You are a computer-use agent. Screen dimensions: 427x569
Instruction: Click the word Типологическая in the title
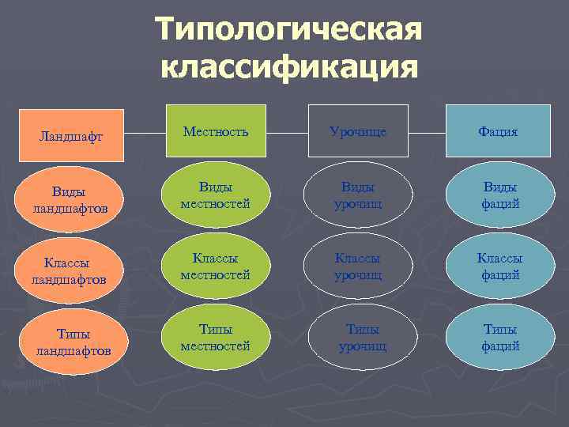(288, 30)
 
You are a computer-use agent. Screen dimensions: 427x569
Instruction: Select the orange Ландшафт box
(72, 135)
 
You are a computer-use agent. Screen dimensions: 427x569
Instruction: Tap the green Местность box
(215, 130)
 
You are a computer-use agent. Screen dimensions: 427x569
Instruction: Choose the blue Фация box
(499, 131)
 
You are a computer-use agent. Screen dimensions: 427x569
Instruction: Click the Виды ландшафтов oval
(72, 199)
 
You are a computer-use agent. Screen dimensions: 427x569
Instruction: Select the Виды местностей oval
(215, 195)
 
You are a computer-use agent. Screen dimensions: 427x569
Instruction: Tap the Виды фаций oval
(499, 195)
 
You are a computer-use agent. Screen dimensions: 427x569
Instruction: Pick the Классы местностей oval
(215, 266)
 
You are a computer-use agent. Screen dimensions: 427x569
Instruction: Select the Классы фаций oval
(499, 266)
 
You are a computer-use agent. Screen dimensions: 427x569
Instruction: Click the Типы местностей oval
(215, 338)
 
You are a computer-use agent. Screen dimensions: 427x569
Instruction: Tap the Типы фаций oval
(499, 338)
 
